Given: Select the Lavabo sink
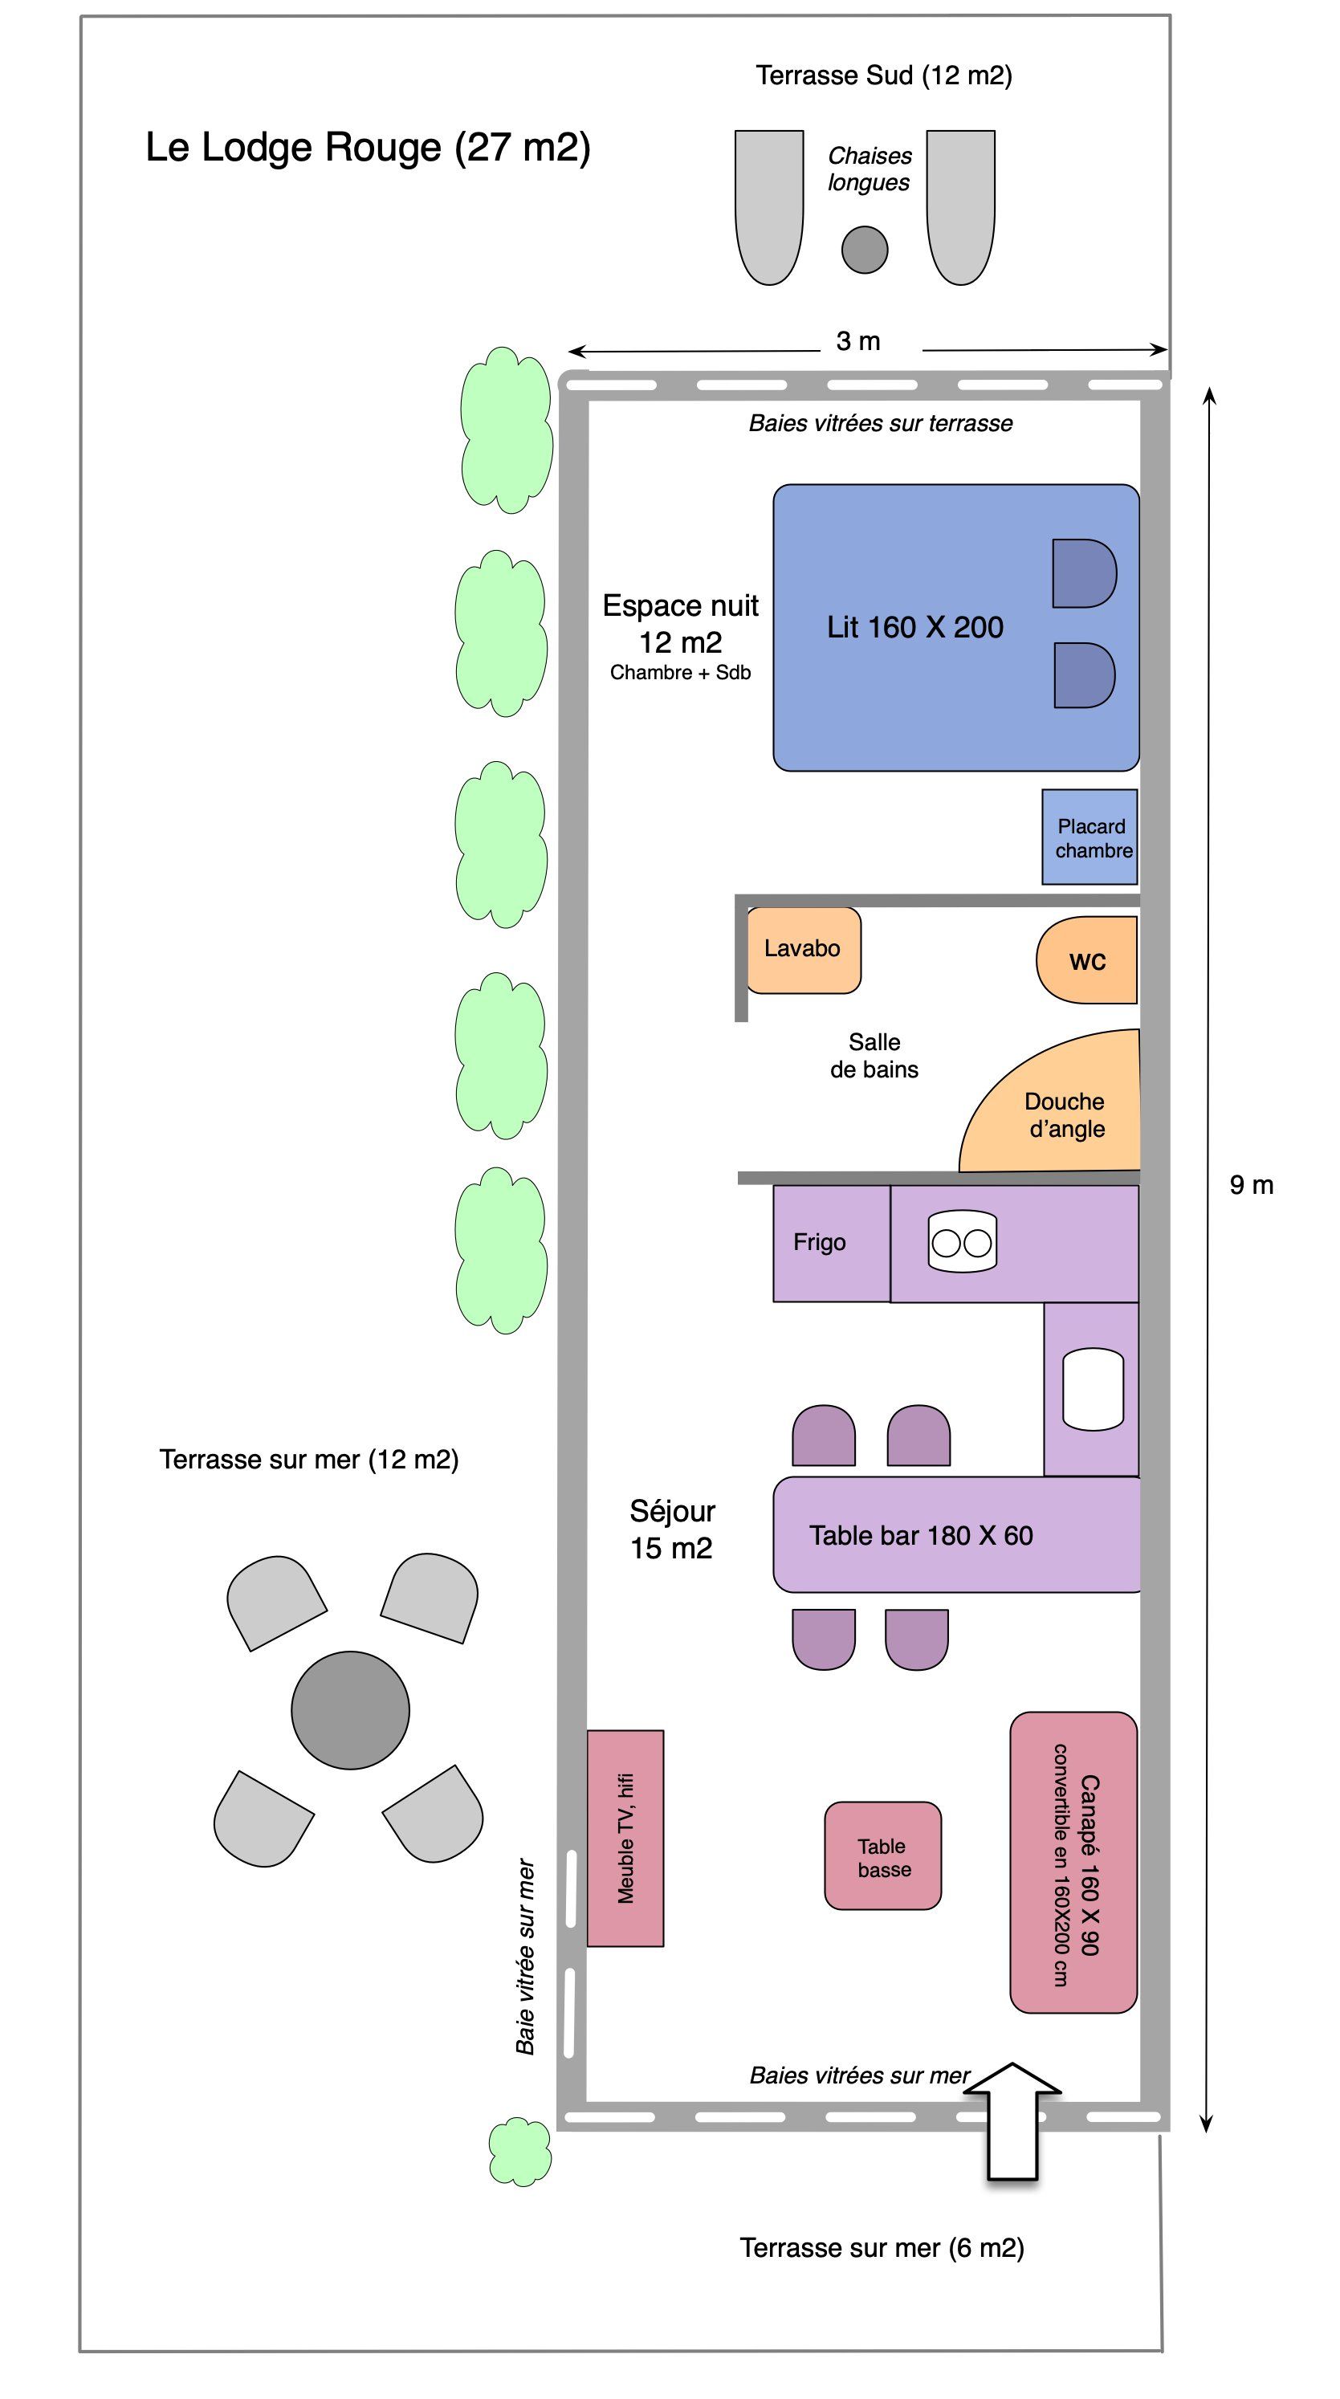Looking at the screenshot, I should (803, 949).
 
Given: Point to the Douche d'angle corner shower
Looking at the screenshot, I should (1061, 1113).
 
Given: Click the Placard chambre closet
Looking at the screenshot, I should (1090, 837).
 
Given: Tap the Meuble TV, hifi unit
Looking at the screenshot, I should (625, 1839).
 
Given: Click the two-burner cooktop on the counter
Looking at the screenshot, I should (962, 1241).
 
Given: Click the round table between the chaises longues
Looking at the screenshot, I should (864, 250).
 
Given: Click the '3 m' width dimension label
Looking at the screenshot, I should (857, 341).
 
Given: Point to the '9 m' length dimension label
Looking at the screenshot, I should (1251, 1184).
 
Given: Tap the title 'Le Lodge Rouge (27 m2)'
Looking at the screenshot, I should (368, 147).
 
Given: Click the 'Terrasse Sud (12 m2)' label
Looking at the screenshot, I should (884, 75).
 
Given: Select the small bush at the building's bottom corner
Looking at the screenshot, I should (519, 2151).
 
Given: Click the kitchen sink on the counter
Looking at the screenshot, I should (1092, 1388).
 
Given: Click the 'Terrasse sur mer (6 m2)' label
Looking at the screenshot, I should (882, 2247).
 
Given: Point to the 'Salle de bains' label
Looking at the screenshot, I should (874, 1055).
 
